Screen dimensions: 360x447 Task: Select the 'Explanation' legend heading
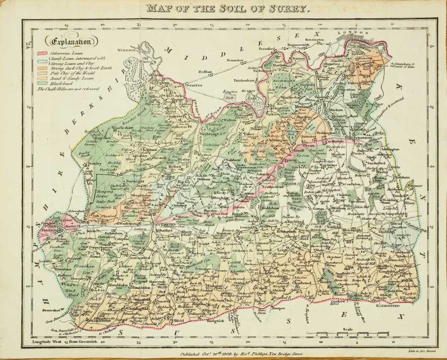[x=69, y=42]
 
